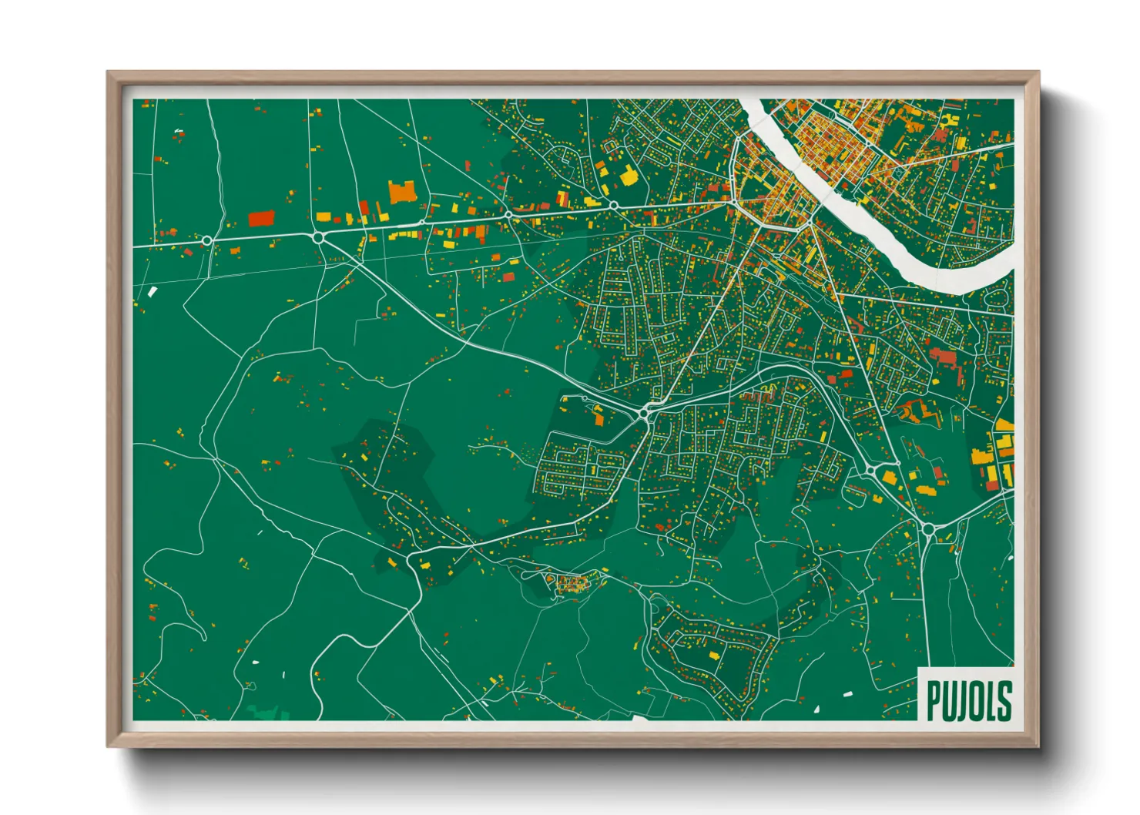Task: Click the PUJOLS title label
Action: [967, 699]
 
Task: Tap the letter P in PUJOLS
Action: [934, 700]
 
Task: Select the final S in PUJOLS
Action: [1003, 700]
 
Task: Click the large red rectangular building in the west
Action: [260, 218]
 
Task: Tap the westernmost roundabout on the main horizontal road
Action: [206, 241]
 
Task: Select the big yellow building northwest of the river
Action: [629, 176]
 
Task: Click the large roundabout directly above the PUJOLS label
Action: [927, 528]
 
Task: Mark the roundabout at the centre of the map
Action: [644, 414]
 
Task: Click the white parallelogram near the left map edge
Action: [152, 291]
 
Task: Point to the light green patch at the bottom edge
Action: [265, 713]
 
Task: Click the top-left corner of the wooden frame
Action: [109, 74]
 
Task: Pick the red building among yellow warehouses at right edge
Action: [992, 484]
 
